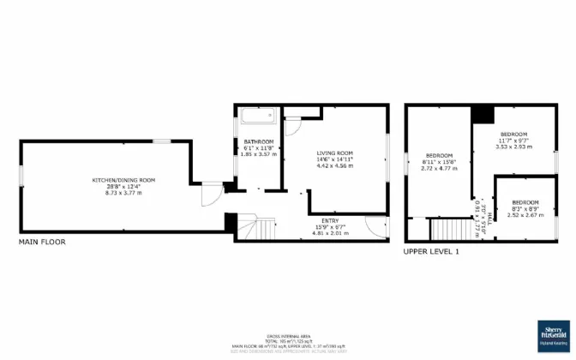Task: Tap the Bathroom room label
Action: click(x=258, y=141)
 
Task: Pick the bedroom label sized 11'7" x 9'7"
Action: click(x=514, y=135)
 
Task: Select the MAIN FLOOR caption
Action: click(x=42, y=243)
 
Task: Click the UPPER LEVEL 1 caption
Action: click(x=433, y=250)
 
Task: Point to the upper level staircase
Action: click(x=445, y=229)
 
